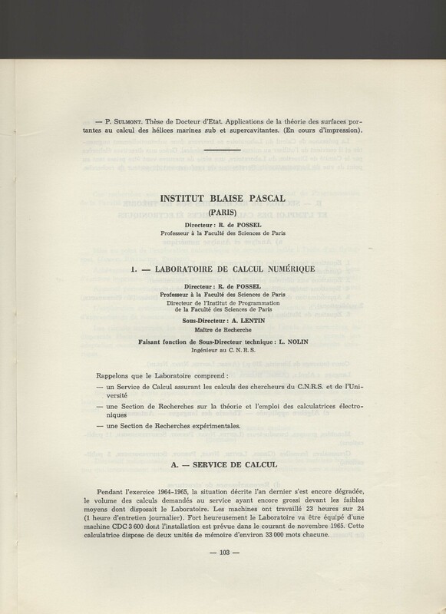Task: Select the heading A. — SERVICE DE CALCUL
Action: (x=222, y=466)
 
